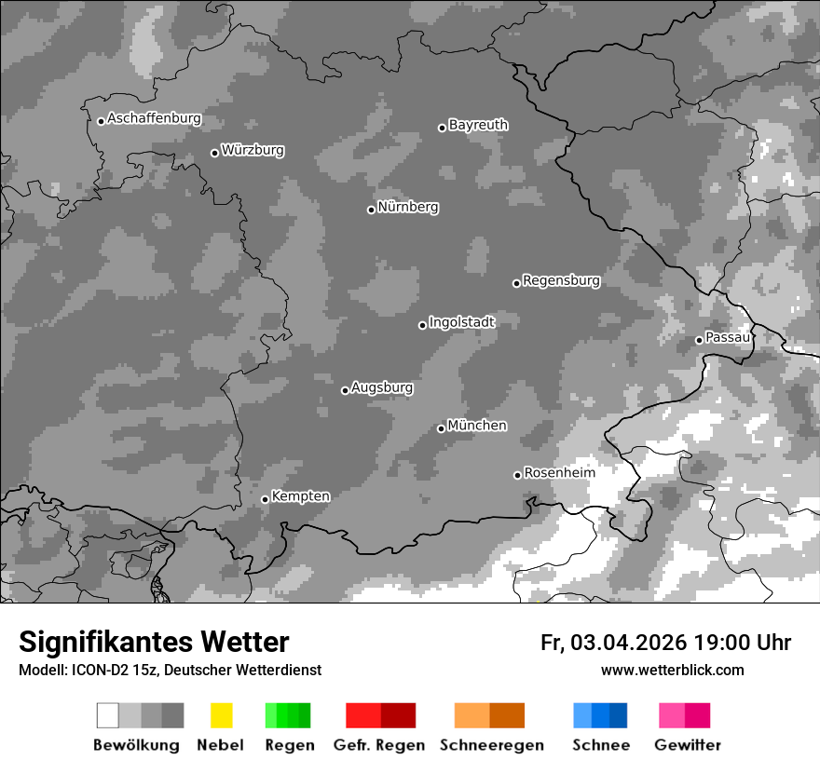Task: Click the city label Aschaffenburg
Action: point(154,119)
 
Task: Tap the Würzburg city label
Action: point(253,150)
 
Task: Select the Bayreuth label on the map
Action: point(478,125)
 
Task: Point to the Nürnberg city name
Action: point(407,208)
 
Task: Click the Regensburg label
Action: point(561,280)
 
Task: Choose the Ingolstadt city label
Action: point(461,322)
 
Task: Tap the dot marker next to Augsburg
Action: point(345,390)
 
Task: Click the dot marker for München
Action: point(442,428)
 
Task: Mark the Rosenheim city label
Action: point(559,473)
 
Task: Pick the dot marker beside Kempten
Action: point(265,499)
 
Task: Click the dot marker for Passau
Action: point(699,340)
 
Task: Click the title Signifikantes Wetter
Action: point(154,643)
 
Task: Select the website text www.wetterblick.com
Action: point(672,670)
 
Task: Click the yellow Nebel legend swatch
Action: point(221,715)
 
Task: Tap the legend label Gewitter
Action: point(688,745)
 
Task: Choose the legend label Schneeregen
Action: point(491,745)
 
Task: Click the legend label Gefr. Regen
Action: point(378,745)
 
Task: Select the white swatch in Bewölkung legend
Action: point(108,715)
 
